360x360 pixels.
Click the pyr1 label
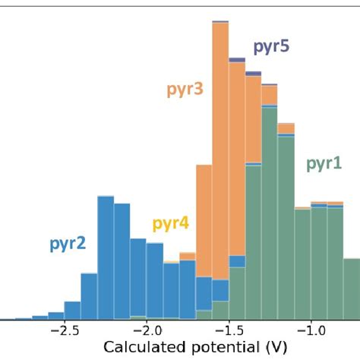click(324, 163)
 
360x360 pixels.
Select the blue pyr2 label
click(68, 244)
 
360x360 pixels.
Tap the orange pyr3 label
click(185, 90)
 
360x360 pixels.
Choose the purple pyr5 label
click(270, 47)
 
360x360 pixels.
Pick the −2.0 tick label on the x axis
click(146, 331)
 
